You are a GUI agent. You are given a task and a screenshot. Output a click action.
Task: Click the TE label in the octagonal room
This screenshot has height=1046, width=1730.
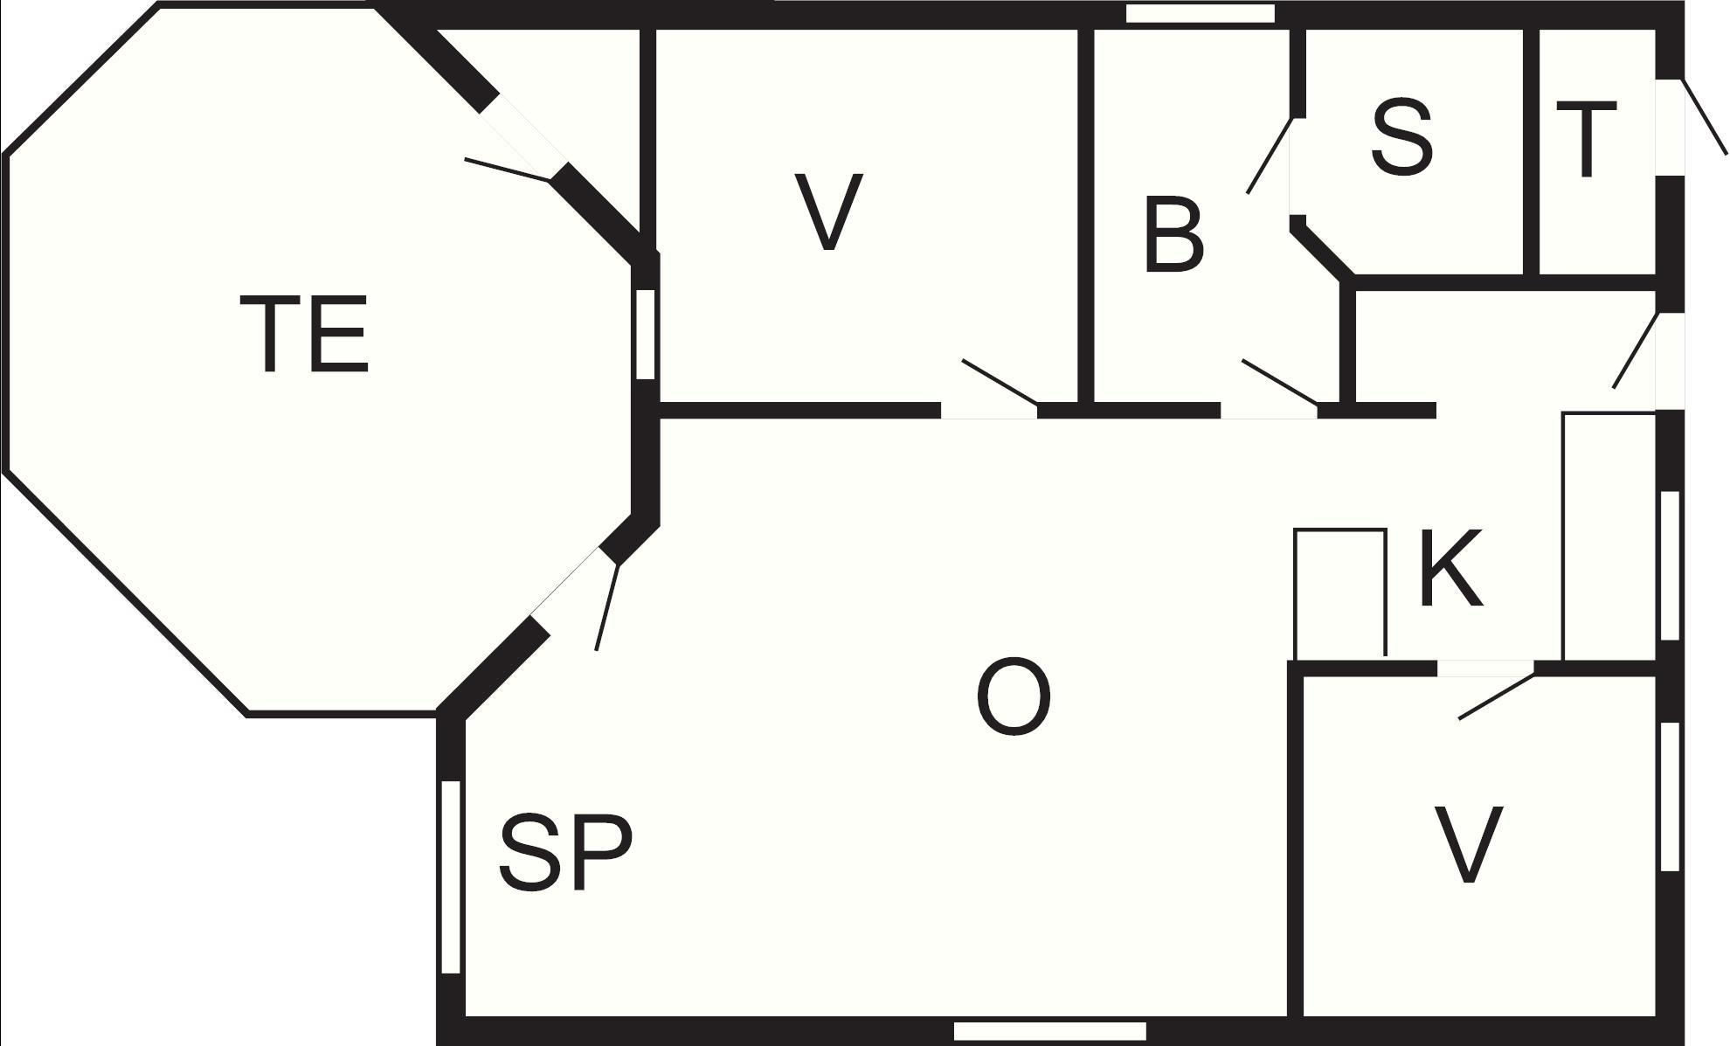point(303,335)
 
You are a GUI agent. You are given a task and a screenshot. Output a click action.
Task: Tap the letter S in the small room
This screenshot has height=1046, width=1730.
point(1401,137)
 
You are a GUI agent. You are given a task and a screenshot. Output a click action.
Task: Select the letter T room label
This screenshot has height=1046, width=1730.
point(1586,139)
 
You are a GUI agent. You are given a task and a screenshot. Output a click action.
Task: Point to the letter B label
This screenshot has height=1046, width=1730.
point(1173,235)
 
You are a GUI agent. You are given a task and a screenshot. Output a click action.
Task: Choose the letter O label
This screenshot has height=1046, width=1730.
point(1013,698)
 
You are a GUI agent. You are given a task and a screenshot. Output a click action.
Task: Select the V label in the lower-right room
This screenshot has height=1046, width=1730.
point(1468,845)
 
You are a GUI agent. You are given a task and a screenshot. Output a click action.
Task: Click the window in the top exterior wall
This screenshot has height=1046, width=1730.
point(1201,13)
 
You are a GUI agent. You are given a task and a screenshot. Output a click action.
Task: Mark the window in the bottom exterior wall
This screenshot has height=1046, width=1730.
point(1049,1032)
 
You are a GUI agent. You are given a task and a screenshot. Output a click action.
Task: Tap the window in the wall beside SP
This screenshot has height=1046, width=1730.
point(451,876)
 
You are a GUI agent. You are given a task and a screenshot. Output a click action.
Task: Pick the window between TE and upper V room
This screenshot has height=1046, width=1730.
point(645,334)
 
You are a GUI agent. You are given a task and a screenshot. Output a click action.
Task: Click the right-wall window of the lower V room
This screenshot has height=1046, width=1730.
point(1669,796)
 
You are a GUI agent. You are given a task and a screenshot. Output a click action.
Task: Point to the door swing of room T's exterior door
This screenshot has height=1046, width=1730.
point(1704,117)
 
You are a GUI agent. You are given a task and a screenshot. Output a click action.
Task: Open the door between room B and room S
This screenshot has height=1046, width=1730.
point(1270,155)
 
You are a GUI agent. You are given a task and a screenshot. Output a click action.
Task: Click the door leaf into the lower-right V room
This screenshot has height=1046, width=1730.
point(1497,696)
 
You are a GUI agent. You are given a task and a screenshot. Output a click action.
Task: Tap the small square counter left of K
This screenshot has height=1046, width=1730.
point(1340,593)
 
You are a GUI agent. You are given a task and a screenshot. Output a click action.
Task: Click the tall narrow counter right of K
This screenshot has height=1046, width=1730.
point(1609,537)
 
